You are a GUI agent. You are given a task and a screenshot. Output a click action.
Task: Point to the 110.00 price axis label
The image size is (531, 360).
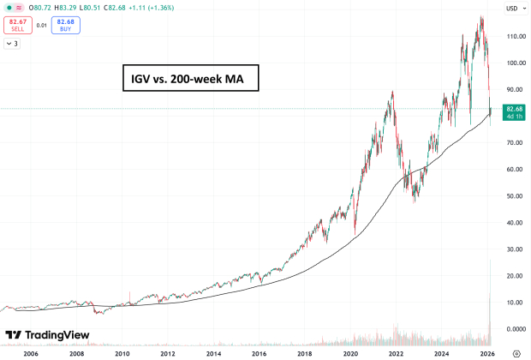click(x=514, y=37)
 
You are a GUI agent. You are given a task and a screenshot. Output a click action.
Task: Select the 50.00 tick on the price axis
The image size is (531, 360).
click(x=514, y=196)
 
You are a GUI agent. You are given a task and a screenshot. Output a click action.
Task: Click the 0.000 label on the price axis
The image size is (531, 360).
click(x=514, y=329)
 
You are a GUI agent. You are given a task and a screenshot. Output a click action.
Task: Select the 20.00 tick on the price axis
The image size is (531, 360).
click(x=514, y=276)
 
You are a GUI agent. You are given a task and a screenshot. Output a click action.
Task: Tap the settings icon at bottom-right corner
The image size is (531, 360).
click(x=516, y=352)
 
